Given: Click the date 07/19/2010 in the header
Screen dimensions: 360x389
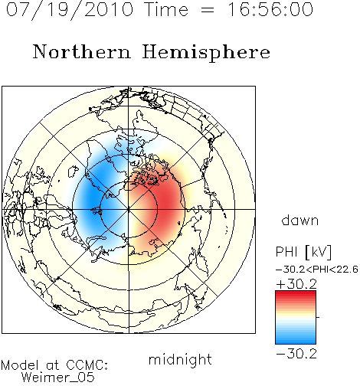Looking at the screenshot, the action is [x=70, y=10].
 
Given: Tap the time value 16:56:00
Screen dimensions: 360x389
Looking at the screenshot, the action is [x=270, y=9].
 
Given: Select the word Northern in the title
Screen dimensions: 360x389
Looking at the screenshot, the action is [x=82, y=52].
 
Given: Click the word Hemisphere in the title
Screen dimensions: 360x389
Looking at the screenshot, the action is [x=206, y=53].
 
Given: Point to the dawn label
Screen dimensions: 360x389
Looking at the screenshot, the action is [x=300, y=220].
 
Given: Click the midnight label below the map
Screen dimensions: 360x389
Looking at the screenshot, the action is [x=180, y=360].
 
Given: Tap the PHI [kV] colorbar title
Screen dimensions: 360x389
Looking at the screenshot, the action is [x=304, y=252].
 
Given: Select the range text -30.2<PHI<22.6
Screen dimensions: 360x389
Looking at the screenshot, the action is [x=317, y=270].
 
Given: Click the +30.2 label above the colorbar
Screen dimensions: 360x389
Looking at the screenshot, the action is [x=296, y=284].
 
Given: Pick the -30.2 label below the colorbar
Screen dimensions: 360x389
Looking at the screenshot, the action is [x=296, y=354].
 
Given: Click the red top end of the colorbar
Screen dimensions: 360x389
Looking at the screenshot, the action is [x=296, y=293].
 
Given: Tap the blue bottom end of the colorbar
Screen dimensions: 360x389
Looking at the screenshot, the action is [x=296, y=342].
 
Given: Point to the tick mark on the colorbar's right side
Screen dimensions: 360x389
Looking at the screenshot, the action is [x=318, y=317].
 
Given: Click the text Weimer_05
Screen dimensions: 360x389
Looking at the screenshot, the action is [x=58, y=378].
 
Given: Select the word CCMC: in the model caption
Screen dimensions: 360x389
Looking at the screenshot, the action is [x=87, y=365].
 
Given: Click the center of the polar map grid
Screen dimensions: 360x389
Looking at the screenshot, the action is [x=129, y=209].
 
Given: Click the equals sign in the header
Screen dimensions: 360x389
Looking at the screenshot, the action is [x=208, y=11].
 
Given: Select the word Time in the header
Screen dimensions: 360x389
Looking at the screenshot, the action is [x=166, y=9].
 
